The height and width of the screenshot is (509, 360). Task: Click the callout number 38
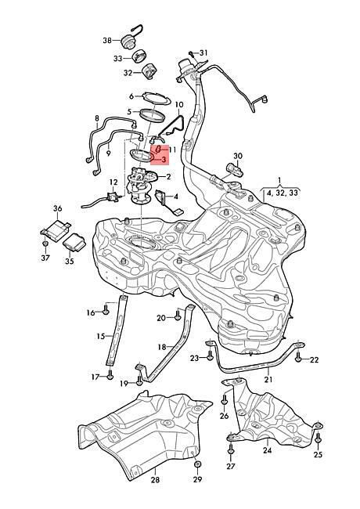coord(107,41)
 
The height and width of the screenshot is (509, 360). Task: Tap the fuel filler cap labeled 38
coord(128,41)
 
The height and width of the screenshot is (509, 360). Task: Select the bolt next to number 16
coord(106,309)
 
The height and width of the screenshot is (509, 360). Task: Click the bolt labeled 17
coord(110,374)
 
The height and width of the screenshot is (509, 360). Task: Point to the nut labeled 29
coord(197,464)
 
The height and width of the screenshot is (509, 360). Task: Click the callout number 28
coord(156,479)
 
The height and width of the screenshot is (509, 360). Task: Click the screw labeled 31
coord(192,54)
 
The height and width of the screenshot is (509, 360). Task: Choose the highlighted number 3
coord(164,160)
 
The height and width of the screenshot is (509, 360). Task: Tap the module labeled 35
coord(74,241)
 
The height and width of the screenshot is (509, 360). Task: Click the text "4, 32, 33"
coord(283,193)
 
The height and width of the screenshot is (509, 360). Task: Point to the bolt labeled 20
coord(178,315)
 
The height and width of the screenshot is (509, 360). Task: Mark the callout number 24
coord(268,450)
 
